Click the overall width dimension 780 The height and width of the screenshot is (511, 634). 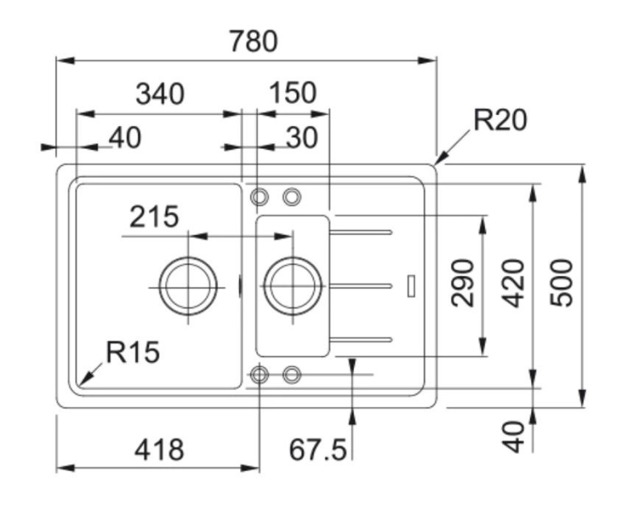(x=254, y=41)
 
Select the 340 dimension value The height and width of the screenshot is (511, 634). (x=160, y=94)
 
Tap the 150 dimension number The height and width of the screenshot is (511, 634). (x=292, y=93)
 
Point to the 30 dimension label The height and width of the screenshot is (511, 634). (x=302, y=138)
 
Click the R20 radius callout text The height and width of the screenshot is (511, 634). (x=500, y=120)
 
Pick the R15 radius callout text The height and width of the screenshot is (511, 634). (x=133, y=352)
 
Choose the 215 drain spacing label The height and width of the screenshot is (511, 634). (x=154, y=217)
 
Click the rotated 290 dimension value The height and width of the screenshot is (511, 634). (x=463, y=283)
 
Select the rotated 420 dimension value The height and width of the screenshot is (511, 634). (x=513, y=283)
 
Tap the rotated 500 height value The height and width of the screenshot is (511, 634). (x=561, y=283)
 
